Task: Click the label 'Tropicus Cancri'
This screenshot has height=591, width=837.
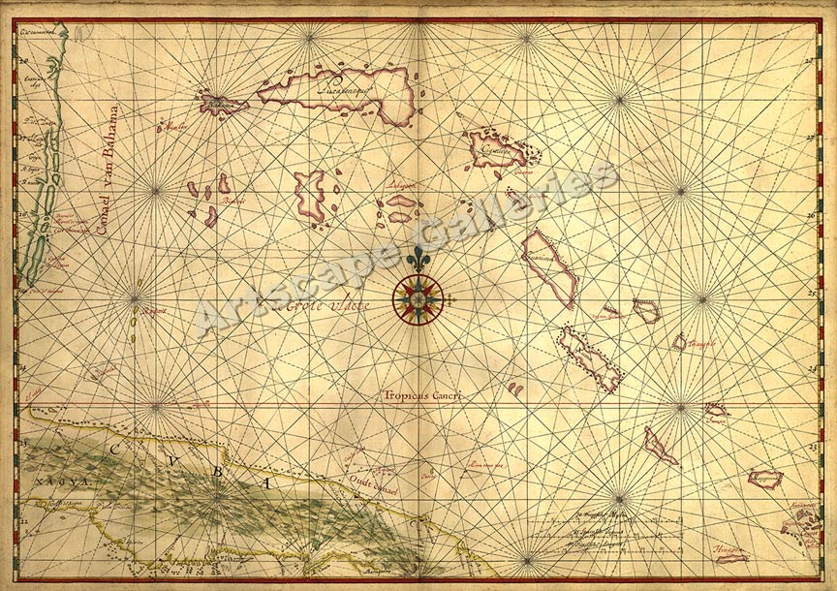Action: pos(419,395)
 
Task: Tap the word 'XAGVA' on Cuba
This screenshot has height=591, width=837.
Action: pos(48,479)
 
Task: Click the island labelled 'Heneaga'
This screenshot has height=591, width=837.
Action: pos(732,555)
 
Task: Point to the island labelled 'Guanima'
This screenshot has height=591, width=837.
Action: pos(548,264)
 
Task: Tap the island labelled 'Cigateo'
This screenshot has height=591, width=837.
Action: pos(497,149)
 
